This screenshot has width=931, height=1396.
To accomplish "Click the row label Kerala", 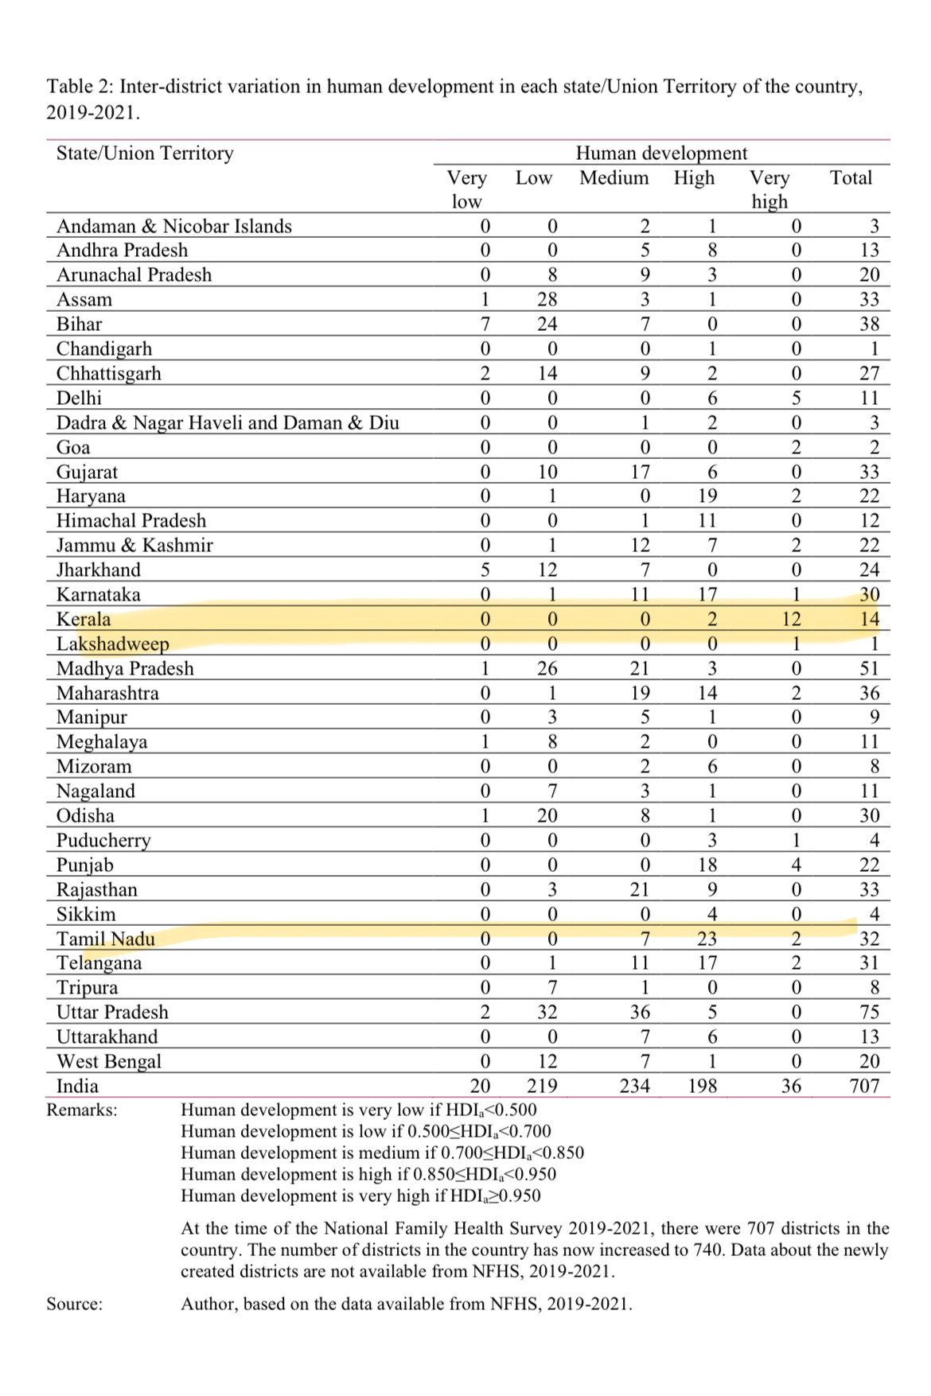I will tap(84, 619).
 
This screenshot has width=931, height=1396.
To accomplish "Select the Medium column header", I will tap(614, 177).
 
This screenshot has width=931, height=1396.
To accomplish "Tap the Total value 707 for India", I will tap(864, 1086).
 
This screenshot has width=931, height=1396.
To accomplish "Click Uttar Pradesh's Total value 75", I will tap(869, 1012).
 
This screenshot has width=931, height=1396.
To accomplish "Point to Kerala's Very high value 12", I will tap(791, 619).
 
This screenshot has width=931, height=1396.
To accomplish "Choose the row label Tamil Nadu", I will tap(106, 939).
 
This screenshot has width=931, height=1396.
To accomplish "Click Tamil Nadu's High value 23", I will tap(707, 939).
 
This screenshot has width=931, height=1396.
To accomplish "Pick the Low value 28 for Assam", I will tap(547, 299).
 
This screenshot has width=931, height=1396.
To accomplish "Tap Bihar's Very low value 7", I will tap(485, 324).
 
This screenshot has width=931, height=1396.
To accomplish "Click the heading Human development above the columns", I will tap(661, 153).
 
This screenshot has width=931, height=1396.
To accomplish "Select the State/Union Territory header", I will tap(145, 153).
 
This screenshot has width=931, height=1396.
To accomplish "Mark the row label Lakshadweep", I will tap(113, 644).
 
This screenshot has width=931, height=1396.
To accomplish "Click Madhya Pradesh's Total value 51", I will tap(869, 668).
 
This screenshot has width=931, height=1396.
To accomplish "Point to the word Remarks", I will tap(81, 1110).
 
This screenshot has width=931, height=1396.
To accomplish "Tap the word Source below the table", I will tap(74, 1304).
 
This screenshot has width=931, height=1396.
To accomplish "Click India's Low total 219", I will tap(542, 1086).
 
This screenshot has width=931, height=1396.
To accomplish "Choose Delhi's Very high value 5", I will tap(796, 398).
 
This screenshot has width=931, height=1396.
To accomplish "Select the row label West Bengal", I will tap(109, 1061).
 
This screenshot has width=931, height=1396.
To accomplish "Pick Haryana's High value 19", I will tap(707, 496).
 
